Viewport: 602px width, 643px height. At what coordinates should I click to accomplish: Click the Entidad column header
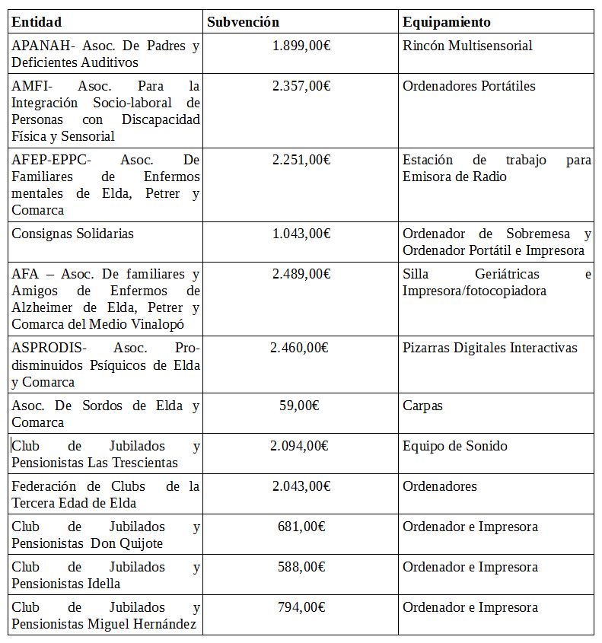[37, 22]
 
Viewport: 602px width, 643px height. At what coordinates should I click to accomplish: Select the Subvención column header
[244, 22]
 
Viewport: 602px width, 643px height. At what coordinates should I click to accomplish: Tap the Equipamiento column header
[446, 22]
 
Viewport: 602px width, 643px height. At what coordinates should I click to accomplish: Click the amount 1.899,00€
[301, 46]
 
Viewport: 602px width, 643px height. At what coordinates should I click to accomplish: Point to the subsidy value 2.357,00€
[301, 86]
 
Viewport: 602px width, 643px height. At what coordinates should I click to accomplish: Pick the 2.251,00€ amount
[301, 160]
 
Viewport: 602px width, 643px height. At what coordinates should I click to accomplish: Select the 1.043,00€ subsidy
[301, 234]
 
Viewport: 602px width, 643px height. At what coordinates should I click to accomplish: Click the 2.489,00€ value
[301, 274]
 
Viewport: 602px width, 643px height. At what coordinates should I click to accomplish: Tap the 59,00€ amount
[299, 406]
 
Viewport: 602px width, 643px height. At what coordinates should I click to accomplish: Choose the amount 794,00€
[301, 607]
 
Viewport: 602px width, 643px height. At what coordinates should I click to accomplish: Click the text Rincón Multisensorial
[467, 46]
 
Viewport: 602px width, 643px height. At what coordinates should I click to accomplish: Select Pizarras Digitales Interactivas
[489, 348]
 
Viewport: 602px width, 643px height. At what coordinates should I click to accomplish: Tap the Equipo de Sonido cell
[454, 446]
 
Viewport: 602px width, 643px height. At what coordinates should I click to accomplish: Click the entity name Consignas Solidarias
[72, 234]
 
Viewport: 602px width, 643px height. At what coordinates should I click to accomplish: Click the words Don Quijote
[126, 543]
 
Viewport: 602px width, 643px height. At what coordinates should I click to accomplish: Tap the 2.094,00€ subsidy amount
[299, 446]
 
